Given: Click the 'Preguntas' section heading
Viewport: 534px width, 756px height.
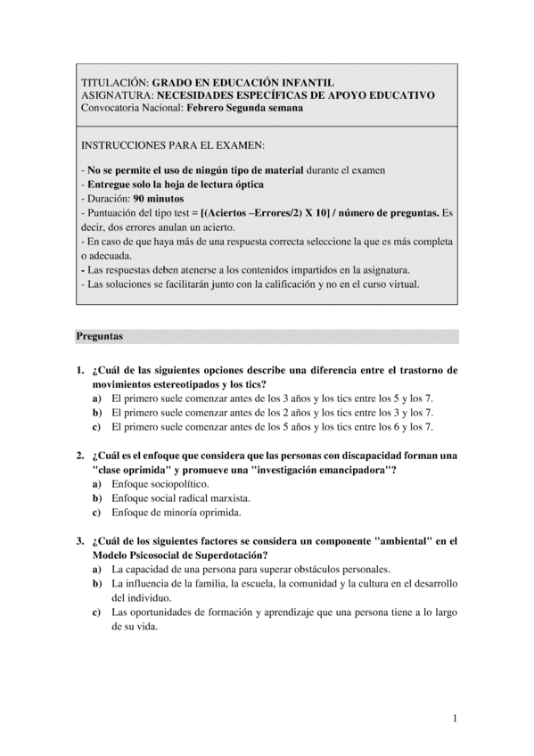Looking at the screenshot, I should pyautogui.click(x=99, y=337).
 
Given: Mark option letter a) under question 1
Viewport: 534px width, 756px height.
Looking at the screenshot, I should pyautogui.click(x=96, y=399).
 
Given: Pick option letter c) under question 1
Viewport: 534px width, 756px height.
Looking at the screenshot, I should pyautogui.click(x=96, y=427).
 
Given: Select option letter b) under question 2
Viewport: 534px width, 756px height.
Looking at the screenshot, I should pyautogui.click(x=96, y=497).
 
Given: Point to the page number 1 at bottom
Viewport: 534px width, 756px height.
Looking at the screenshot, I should pyautogui.click(x=454, y=719).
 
